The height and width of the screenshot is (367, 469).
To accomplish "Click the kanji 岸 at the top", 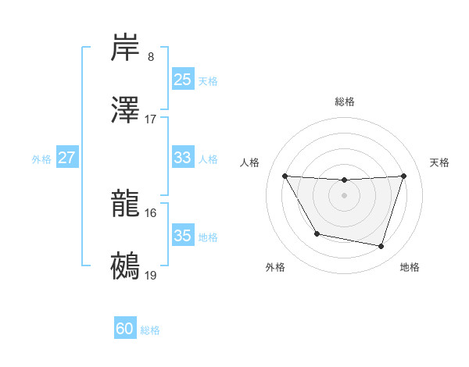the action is click(126, 48).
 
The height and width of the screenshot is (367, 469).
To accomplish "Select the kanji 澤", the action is click(126, 111).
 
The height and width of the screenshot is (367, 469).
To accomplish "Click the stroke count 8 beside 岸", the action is click(151, 57).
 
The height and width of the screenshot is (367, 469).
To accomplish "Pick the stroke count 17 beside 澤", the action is click(151, 119).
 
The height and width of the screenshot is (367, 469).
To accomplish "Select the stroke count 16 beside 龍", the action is click(151, 212).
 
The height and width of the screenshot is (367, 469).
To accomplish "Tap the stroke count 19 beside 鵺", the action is click(151, 275).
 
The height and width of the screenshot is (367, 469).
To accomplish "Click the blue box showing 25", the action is click(183, 80).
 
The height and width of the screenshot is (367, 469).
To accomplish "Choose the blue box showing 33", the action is click(183, 158).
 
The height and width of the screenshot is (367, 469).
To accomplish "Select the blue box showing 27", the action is click(67, 158).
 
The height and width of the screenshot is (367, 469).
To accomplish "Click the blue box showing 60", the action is click(125, 329).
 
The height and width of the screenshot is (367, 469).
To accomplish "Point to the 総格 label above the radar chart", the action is click(345, 102).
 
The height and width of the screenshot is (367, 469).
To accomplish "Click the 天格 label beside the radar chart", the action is click(440, 162).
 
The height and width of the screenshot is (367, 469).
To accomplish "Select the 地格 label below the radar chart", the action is click(410, 267).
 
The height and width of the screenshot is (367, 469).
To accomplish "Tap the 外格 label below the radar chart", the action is click(275, 267).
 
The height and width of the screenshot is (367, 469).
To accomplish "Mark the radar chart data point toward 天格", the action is click(403, 176).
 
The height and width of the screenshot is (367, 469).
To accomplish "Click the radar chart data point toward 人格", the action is click(285, 176).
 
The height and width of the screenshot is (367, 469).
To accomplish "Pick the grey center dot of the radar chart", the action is click(344, 195).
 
